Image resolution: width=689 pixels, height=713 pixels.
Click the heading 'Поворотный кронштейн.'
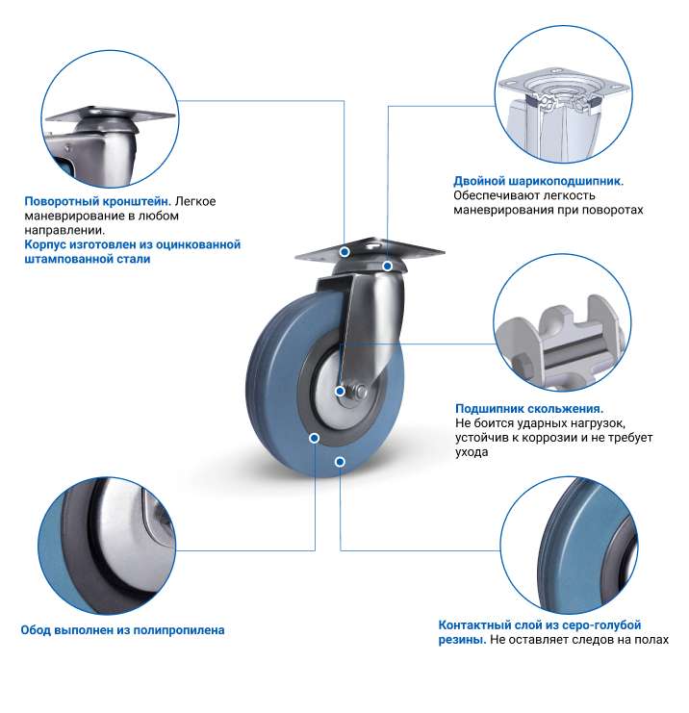point(98,201)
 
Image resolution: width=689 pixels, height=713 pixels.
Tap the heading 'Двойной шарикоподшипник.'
point(539,182)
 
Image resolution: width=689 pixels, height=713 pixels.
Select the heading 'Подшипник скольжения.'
point(529,409)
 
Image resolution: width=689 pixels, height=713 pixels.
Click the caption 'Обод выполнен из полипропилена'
point(123,630)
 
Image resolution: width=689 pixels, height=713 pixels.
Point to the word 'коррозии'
point(549,438)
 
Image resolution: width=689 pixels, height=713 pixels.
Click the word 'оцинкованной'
point(198,244)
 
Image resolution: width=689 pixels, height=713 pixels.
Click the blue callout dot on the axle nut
point(340,391)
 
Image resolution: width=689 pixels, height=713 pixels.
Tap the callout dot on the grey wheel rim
point(314,438)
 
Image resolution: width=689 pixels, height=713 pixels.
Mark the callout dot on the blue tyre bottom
point(340,462)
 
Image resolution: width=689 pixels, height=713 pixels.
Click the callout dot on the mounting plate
point(344,251)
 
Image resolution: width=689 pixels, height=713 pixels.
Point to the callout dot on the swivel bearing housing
point(387,266)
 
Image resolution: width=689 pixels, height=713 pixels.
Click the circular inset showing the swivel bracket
point(110,118)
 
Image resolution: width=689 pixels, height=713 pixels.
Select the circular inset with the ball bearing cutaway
point(563,94)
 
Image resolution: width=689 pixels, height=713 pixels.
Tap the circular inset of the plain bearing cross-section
point(562,322)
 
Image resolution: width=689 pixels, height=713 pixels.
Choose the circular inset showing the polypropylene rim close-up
point(107,546)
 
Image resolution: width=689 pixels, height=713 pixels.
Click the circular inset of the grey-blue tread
point(569,546)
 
